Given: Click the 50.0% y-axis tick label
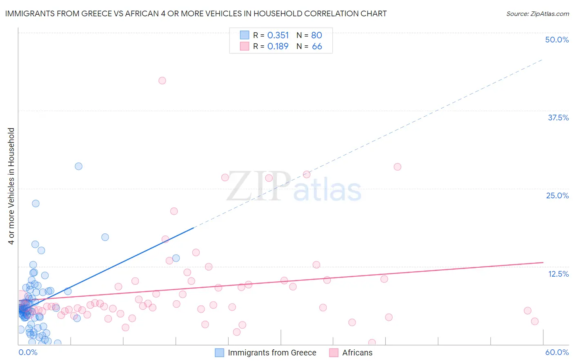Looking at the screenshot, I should tap(557, 40).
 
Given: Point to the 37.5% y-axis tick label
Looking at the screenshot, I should tap(558, 118).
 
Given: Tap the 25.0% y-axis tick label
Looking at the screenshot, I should tap(557, 195).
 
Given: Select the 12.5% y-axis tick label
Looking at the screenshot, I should tap(558, 274).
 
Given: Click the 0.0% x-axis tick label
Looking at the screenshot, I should tap(28, 352).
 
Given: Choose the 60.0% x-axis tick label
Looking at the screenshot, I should tap(557, 352).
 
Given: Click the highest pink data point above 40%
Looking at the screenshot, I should tap(162, 80).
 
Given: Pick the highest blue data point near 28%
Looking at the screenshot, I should tap(78, 166).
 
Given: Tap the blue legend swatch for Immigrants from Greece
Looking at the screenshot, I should tap(220, 353).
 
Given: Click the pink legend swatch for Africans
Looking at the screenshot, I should tap(334, 353).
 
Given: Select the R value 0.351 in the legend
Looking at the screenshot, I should tap(278, 36).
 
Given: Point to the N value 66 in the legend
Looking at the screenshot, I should tap(317, 47).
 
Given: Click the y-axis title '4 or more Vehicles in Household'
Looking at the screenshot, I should tap(11, 186).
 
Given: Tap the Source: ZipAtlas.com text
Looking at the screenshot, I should tap(537, 14).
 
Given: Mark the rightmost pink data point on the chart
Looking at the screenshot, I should tap(535, 321).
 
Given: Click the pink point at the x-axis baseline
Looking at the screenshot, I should tap(372, 343).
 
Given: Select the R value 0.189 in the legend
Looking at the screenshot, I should tap(278, 47).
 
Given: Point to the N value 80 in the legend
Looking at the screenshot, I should tap(316, 36).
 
